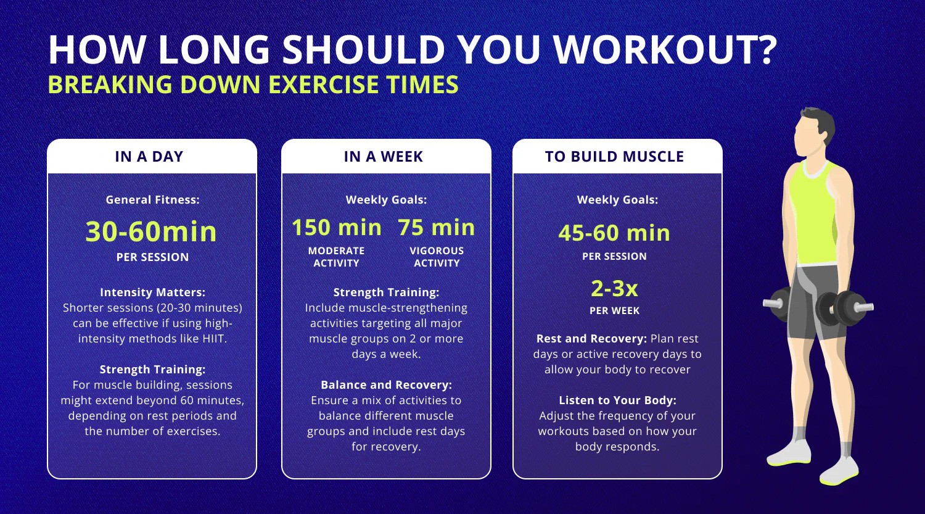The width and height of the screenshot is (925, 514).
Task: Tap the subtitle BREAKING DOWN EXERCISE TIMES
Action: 253,85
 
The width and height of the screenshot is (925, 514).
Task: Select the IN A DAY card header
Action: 149,157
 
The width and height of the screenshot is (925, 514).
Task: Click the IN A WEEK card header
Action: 384,157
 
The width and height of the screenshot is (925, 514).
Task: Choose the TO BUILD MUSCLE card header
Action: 614,157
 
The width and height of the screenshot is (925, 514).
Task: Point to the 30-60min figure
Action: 151,232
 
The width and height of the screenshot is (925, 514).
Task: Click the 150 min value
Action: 337,228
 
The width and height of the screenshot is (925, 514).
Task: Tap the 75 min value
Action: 437,228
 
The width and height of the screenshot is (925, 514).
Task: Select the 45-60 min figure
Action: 614,233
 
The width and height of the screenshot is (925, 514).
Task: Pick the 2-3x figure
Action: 614,288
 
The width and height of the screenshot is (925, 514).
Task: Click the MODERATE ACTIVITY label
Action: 336,257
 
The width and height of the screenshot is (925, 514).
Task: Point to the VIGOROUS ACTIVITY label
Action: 437,257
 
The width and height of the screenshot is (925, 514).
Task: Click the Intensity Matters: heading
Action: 152,292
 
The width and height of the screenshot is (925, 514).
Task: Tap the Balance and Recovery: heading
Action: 386,384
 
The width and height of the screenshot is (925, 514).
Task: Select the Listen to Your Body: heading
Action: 617,400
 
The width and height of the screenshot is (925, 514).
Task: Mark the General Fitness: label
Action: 152,200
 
